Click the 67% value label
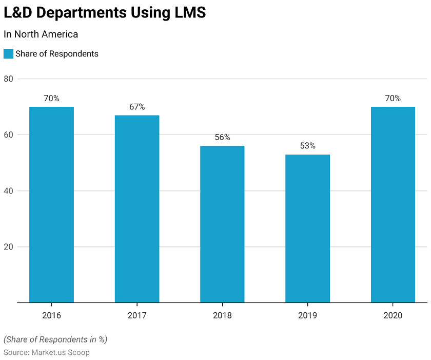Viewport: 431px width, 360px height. (137, 107)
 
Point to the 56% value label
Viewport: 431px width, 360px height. (222, 137)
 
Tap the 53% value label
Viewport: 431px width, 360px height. (307, 146)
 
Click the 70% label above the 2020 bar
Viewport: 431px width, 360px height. (393, 98)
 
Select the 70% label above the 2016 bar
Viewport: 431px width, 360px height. (51, 98)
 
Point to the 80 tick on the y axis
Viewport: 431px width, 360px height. (8, 79)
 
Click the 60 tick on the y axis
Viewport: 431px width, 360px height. (8, 135)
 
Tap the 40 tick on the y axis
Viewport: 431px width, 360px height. (8, 191)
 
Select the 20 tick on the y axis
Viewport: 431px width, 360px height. (8, 247)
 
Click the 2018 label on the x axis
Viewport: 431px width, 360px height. (222, 315)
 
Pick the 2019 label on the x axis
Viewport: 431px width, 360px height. (307, 315)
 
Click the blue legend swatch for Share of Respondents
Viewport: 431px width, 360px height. (8, 53)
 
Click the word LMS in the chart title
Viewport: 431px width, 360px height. (186, 13)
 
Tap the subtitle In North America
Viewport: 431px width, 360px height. (41, 34)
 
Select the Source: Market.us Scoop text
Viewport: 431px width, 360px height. (46, 352)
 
